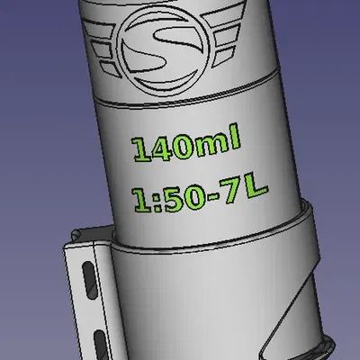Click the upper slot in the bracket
[86, 279]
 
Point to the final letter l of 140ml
[236, 140]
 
